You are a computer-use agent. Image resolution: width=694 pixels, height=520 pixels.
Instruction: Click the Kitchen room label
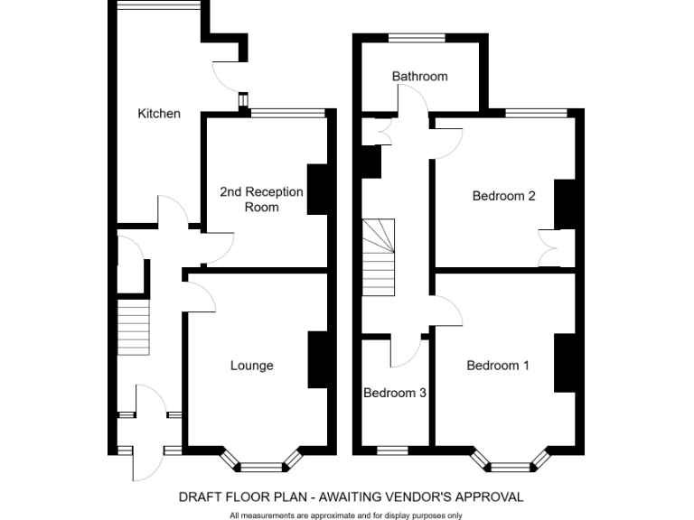(x=159, y=114)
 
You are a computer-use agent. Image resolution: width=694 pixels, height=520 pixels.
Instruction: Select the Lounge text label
(x=251, y=366)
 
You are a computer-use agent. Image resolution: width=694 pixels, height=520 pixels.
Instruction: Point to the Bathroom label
(x=419, y=77)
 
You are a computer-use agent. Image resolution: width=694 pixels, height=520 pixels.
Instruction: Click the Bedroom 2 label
(x=504, y=196)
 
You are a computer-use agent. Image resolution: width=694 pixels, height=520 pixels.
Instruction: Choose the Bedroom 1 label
(x=498, y=366)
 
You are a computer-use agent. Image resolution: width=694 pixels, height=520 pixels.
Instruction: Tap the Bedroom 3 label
(x=395, y=394)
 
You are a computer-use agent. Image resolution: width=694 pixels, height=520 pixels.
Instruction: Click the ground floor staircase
(x=133, y=326)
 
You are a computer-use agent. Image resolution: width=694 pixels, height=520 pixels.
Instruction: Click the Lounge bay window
(x=262, y=465)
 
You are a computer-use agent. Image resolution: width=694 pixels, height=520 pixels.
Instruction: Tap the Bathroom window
(x=417, y=38)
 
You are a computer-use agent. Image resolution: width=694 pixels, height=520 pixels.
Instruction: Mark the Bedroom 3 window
(x=392, y=449)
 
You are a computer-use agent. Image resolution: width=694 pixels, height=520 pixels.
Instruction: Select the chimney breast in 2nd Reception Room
(x=318, y=190)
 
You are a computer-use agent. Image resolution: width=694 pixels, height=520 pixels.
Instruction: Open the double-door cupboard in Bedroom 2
(x=549, y=247)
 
